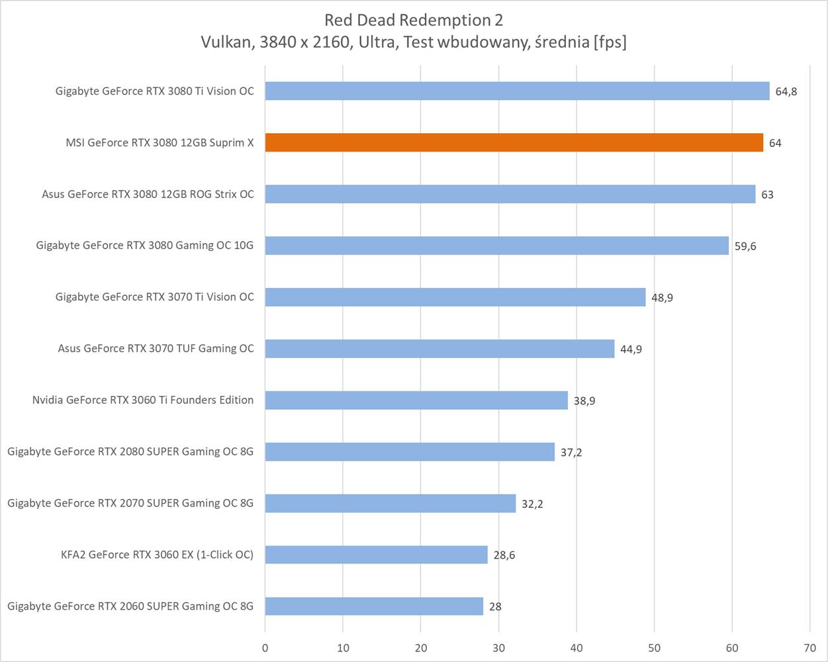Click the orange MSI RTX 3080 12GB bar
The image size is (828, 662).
pos(514,142)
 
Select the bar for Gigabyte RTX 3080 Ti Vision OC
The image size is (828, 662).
pos(517,91)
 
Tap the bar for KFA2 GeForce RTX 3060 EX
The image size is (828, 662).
pos(376,555)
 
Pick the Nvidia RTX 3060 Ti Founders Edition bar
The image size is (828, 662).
pos(416,400)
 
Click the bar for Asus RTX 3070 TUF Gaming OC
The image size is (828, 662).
pos(439,348)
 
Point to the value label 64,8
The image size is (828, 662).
pos(786,91)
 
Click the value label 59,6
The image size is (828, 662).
pos(745,246)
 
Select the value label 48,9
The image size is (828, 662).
pos(662,298)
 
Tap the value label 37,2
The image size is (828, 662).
pos(571,452)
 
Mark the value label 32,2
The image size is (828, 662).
pos(532,504)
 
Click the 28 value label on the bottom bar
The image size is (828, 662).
pos(494,606)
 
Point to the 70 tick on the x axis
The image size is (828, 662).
pos(809,647)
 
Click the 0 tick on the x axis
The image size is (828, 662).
pos(265,647)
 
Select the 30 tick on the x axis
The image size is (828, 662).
pos(498,647)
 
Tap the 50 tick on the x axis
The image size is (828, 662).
pos(654,647)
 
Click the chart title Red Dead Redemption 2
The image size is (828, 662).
pos(414,20)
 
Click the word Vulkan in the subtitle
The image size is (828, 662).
pos(223,42)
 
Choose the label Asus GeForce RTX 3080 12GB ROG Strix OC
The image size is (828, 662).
pos(148,194)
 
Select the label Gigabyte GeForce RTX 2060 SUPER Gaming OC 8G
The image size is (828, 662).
pos(130,606)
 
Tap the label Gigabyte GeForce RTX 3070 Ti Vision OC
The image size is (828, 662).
pos(154,297)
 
